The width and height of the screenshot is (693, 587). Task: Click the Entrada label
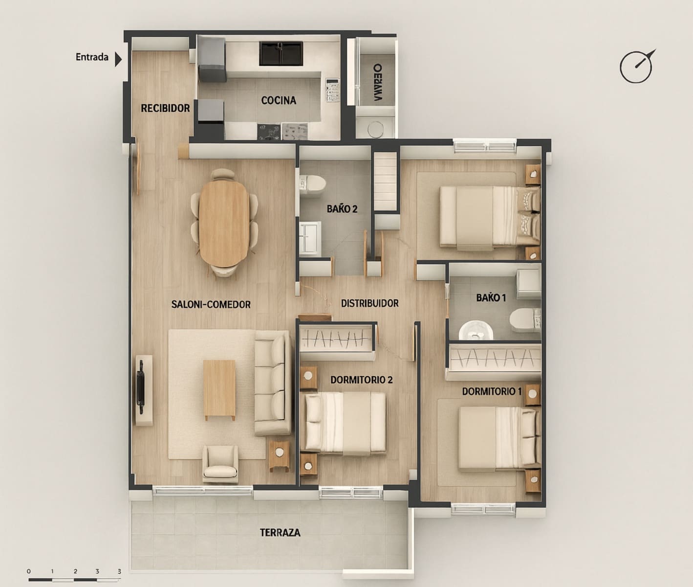pos(92,57)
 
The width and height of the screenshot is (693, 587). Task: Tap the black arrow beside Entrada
pos(118,59)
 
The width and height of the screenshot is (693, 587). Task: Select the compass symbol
pos(637,67)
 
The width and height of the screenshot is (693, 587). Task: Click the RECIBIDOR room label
pos(165,108)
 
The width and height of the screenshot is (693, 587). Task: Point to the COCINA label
pos(279,100)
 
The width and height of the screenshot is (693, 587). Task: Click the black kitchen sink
pos(281,53)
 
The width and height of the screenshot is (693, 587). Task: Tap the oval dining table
pos(226,223)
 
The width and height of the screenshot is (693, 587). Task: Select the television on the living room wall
pos(141,383)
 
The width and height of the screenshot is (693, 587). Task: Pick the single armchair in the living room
pos(220,462)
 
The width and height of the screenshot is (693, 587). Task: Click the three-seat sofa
pos(272,383)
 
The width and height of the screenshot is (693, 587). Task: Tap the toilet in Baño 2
pos(312,184)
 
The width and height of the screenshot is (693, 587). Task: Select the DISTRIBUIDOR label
pos(369,303)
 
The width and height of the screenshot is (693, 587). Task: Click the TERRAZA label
pos(280,532)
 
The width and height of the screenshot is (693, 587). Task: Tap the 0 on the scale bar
pos(29,571)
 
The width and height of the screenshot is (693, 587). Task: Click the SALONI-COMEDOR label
pos(211,304)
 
